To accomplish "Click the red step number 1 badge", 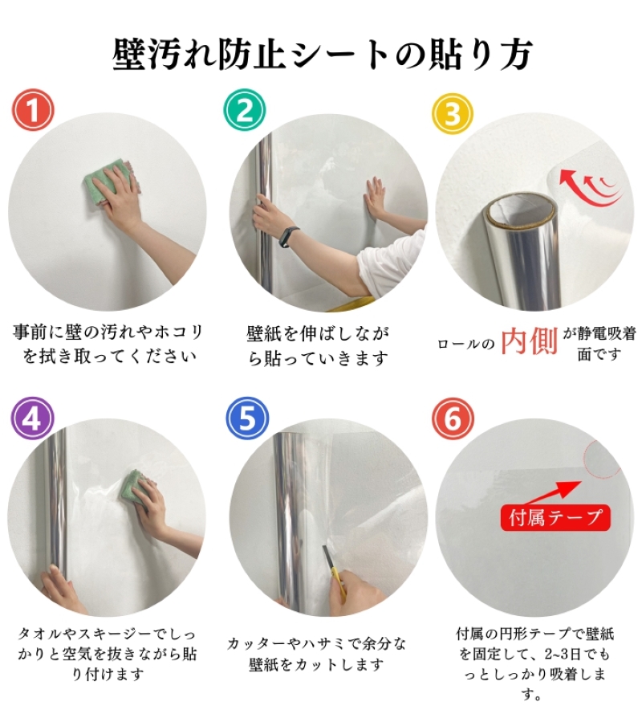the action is [32, 110].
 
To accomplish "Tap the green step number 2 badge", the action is [244, 110].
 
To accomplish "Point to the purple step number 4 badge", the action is [32, 418].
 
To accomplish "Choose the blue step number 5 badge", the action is [247, 418].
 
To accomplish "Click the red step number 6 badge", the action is [453, 418].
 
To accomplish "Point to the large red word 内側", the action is [529, 341].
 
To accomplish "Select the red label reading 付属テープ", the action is [555, 518].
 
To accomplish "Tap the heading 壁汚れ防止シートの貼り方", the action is [322, 54].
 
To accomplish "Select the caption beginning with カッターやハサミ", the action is [317, 654].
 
